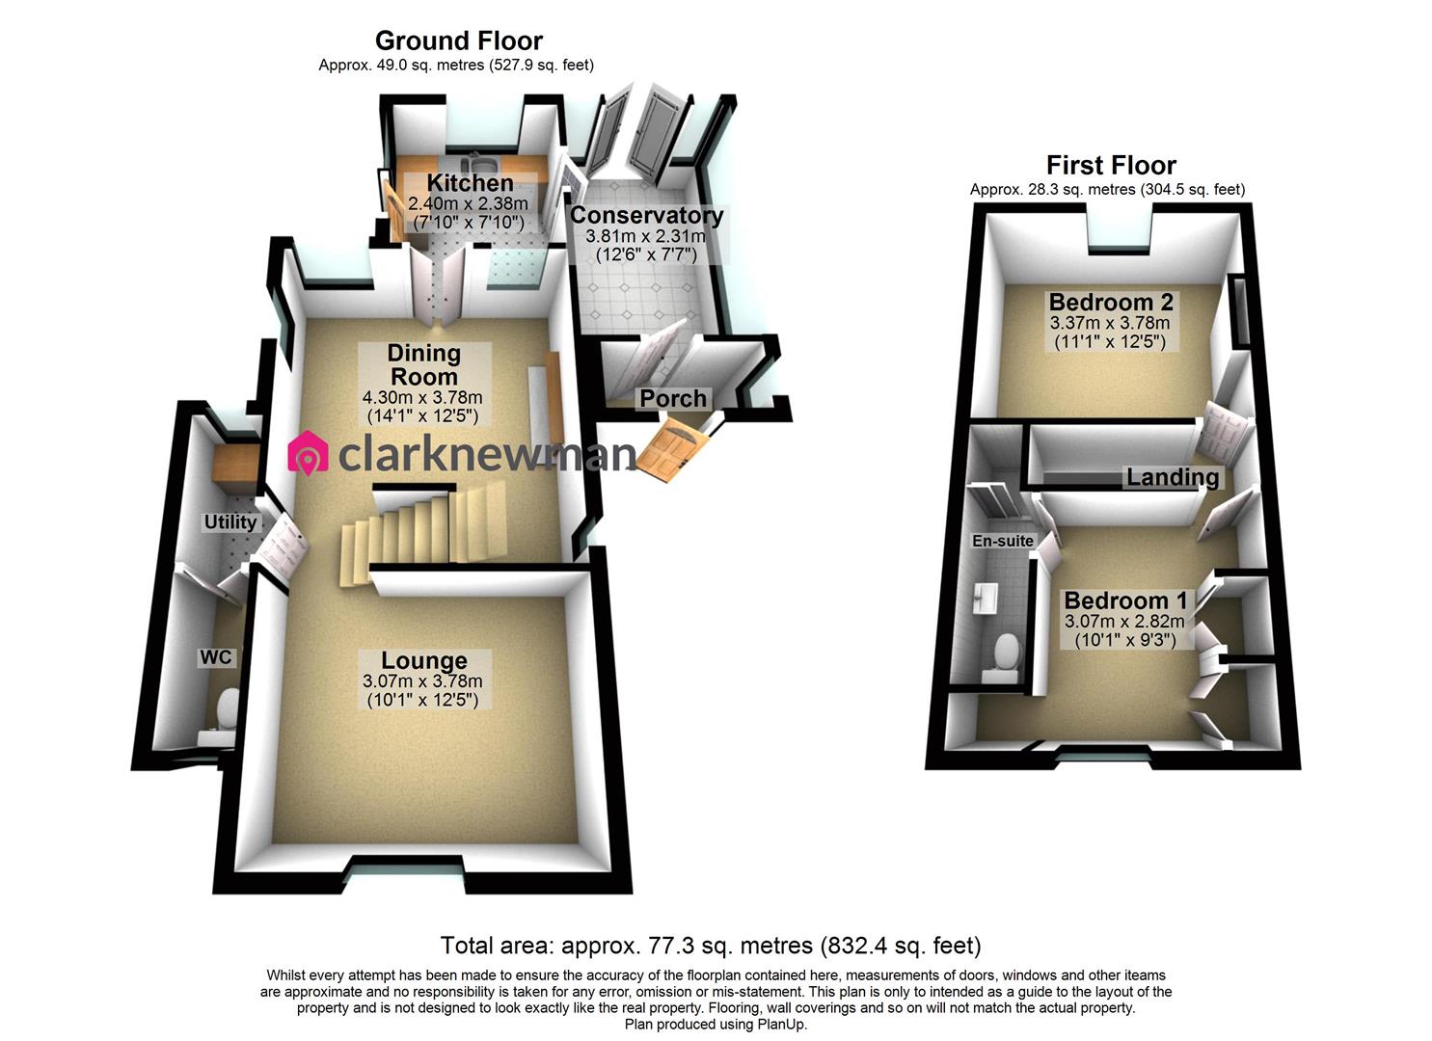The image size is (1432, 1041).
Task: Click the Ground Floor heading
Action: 458,40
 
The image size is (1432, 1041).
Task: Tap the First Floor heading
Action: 1111,166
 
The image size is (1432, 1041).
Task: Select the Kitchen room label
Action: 470,183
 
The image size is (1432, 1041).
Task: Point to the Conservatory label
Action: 646,215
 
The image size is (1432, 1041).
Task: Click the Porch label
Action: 673,398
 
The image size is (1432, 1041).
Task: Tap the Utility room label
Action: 230,522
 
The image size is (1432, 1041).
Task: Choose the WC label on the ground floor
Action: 215,657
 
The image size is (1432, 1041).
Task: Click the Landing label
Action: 1173,477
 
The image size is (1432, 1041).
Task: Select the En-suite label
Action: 1003,541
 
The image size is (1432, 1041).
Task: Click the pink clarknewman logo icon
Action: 309,453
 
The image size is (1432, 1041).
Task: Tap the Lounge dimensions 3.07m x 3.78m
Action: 422,681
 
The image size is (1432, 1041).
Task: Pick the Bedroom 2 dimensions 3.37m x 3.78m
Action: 1110,322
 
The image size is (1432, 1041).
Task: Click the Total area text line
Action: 711,946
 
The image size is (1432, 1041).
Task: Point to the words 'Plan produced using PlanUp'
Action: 716,1025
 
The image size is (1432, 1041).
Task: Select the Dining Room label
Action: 423,364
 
